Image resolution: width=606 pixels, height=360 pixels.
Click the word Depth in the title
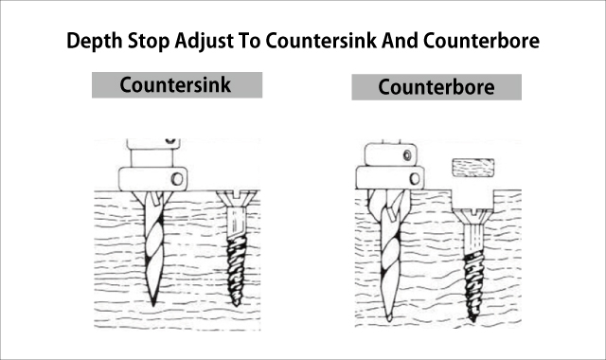[x=95, y=41]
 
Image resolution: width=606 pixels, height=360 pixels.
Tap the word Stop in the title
[x=149, y=41]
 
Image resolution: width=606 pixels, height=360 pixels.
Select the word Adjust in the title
[x=205, y=41]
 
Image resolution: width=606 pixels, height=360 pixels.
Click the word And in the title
[x=400, y=40]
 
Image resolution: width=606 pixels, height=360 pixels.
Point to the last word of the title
[x=481, y=40]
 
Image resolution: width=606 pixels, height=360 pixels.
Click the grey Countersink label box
[x=177, y=85]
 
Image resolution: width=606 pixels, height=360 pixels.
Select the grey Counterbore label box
[x=437, y=87]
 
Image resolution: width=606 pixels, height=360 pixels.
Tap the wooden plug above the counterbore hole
[x=473, y=168]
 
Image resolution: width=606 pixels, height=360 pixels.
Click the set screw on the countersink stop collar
[x=177, y=179]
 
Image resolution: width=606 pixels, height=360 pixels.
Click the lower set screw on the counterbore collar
[x=415, y=179]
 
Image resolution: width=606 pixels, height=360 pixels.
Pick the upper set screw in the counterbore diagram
[x=407, y=155]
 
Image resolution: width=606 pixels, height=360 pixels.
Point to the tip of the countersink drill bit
[x=153, y=305]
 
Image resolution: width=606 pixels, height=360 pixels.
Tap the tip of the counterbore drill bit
[x=389, y=320]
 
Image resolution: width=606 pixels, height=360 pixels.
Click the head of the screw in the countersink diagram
[x=237, y=200]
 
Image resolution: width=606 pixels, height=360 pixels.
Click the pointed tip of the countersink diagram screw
[x=236, y=305]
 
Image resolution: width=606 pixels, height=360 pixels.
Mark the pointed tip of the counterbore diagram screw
[x=472, y=320]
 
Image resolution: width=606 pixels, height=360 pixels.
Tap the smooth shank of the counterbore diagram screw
[x=473, y=238]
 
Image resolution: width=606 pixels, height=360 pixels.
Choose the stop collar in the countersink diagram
[x=153, y=179]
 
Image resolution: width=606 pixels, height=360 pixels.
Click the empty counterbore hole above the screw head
[x=473, y=200]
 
